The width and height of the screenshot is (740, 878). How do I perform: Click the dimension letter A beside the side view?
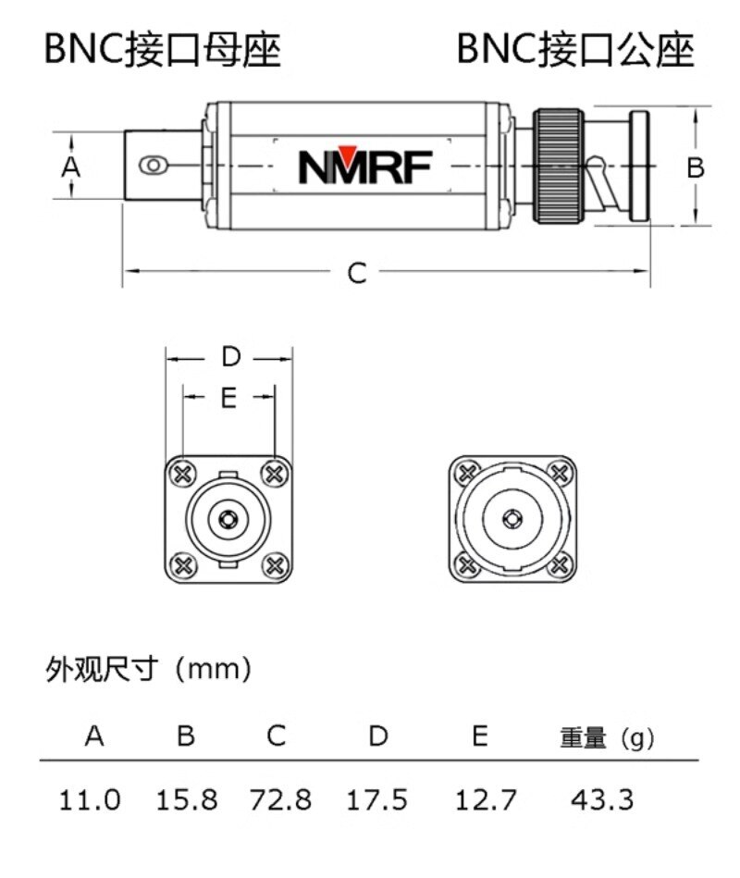click(71, 167)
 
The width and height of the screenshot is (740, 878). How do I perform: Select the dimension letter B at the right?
click(696, 167)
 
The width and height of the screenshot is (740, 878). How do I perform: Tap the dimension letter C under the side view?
click(357, 273)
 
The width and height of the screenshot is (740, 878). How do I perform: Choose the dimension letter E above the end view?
click(229, 398)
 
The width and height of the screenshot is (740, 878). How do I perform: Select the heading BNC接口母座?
click(162, 50)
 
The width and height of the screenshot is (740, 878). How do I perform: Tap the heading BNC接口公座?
click(575, 50)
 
